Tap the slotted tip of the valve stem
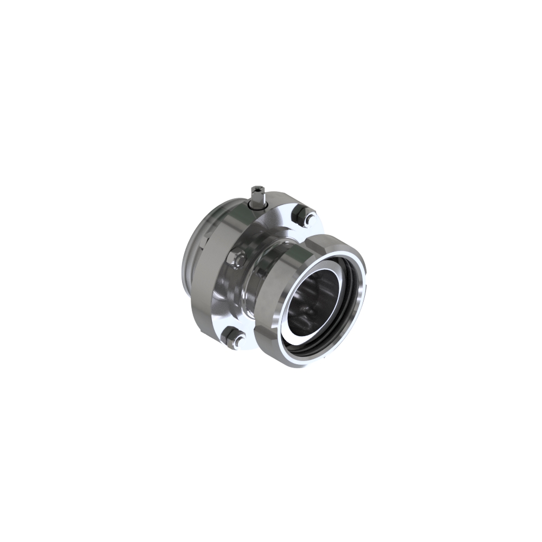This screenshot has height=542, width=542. pyautogui.click(x=256, y=189)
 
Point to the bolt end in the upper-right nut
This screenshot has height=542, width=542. pyautogui.click(x=310, y=219)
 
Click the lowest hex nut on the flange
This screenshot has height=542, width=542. pyautogui.click(x=232, y=337)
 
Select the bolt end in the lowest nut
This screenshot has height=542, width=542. pyautogui.click(x=237, y=341)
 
